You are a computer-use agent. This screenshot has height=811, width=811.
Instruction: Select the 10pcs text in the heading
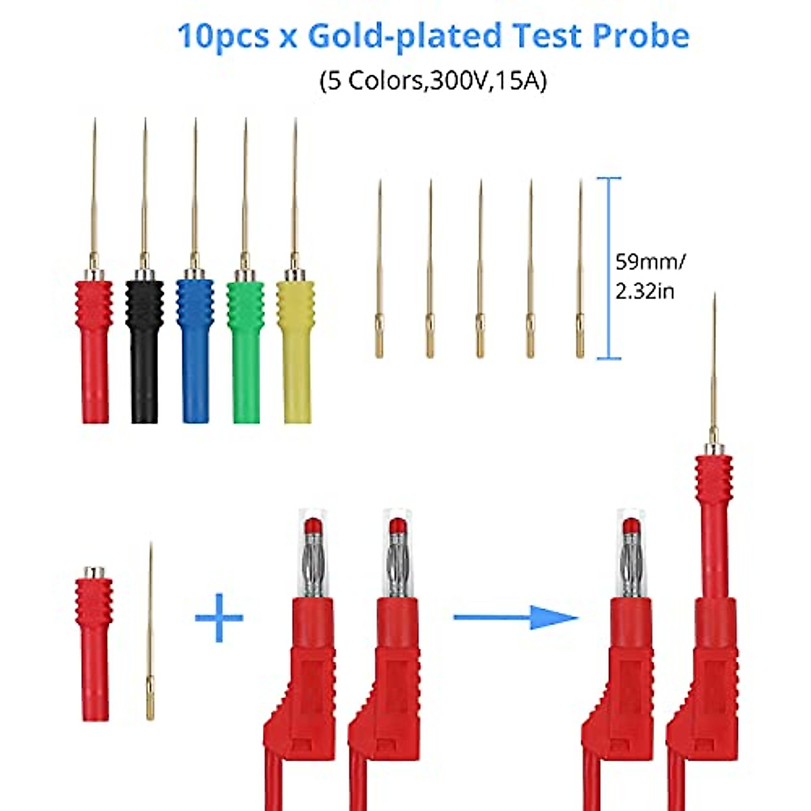click(x=223, y=36)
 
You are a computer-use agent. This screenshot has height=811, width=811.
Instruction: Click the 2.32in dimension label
click(x=645, y=291)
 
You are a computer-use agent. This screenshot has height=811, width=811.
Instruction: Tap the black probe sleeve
click(x=144, y=351)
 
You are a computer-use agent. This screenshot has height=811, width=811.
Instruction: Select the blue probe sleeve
click(x=195, y=351)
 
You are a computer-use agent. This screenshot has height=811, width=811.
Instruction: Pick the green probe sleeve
click(x=245, y=351)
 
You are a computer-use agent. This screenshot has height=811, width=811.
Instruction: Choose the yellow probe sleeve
click(x=296, y=351)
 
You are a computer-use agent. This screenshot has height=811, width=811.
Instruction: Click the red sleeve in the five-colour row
click(x=94, y=351)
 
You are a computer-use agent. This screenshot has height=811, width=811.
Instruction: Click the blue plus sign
click(x=219, y=617)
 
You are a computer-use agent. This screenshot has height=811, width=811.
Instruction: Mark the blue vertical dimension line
click(x=609, y=268)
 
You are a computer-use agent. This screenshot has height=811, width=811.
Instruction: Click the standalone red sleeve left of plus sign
click(x=94, y=642)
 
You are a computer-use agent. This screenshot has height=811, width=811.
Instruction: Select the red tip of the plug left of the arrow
click(x=397, y=526)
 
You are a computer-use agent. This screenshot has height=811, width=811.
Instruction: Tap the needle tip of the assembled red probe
click(x=714, y=301)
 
